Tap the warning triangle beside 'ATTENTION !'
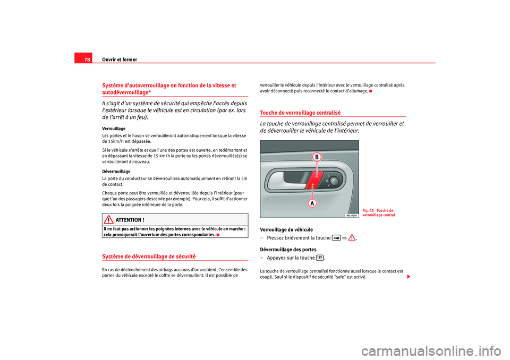[109, 220]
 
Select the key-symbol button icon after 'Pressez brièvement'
[336, 238]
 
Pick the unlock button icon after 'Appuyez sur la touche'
[320, 258]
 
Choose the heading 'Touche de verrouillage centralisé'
[300, 113]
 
